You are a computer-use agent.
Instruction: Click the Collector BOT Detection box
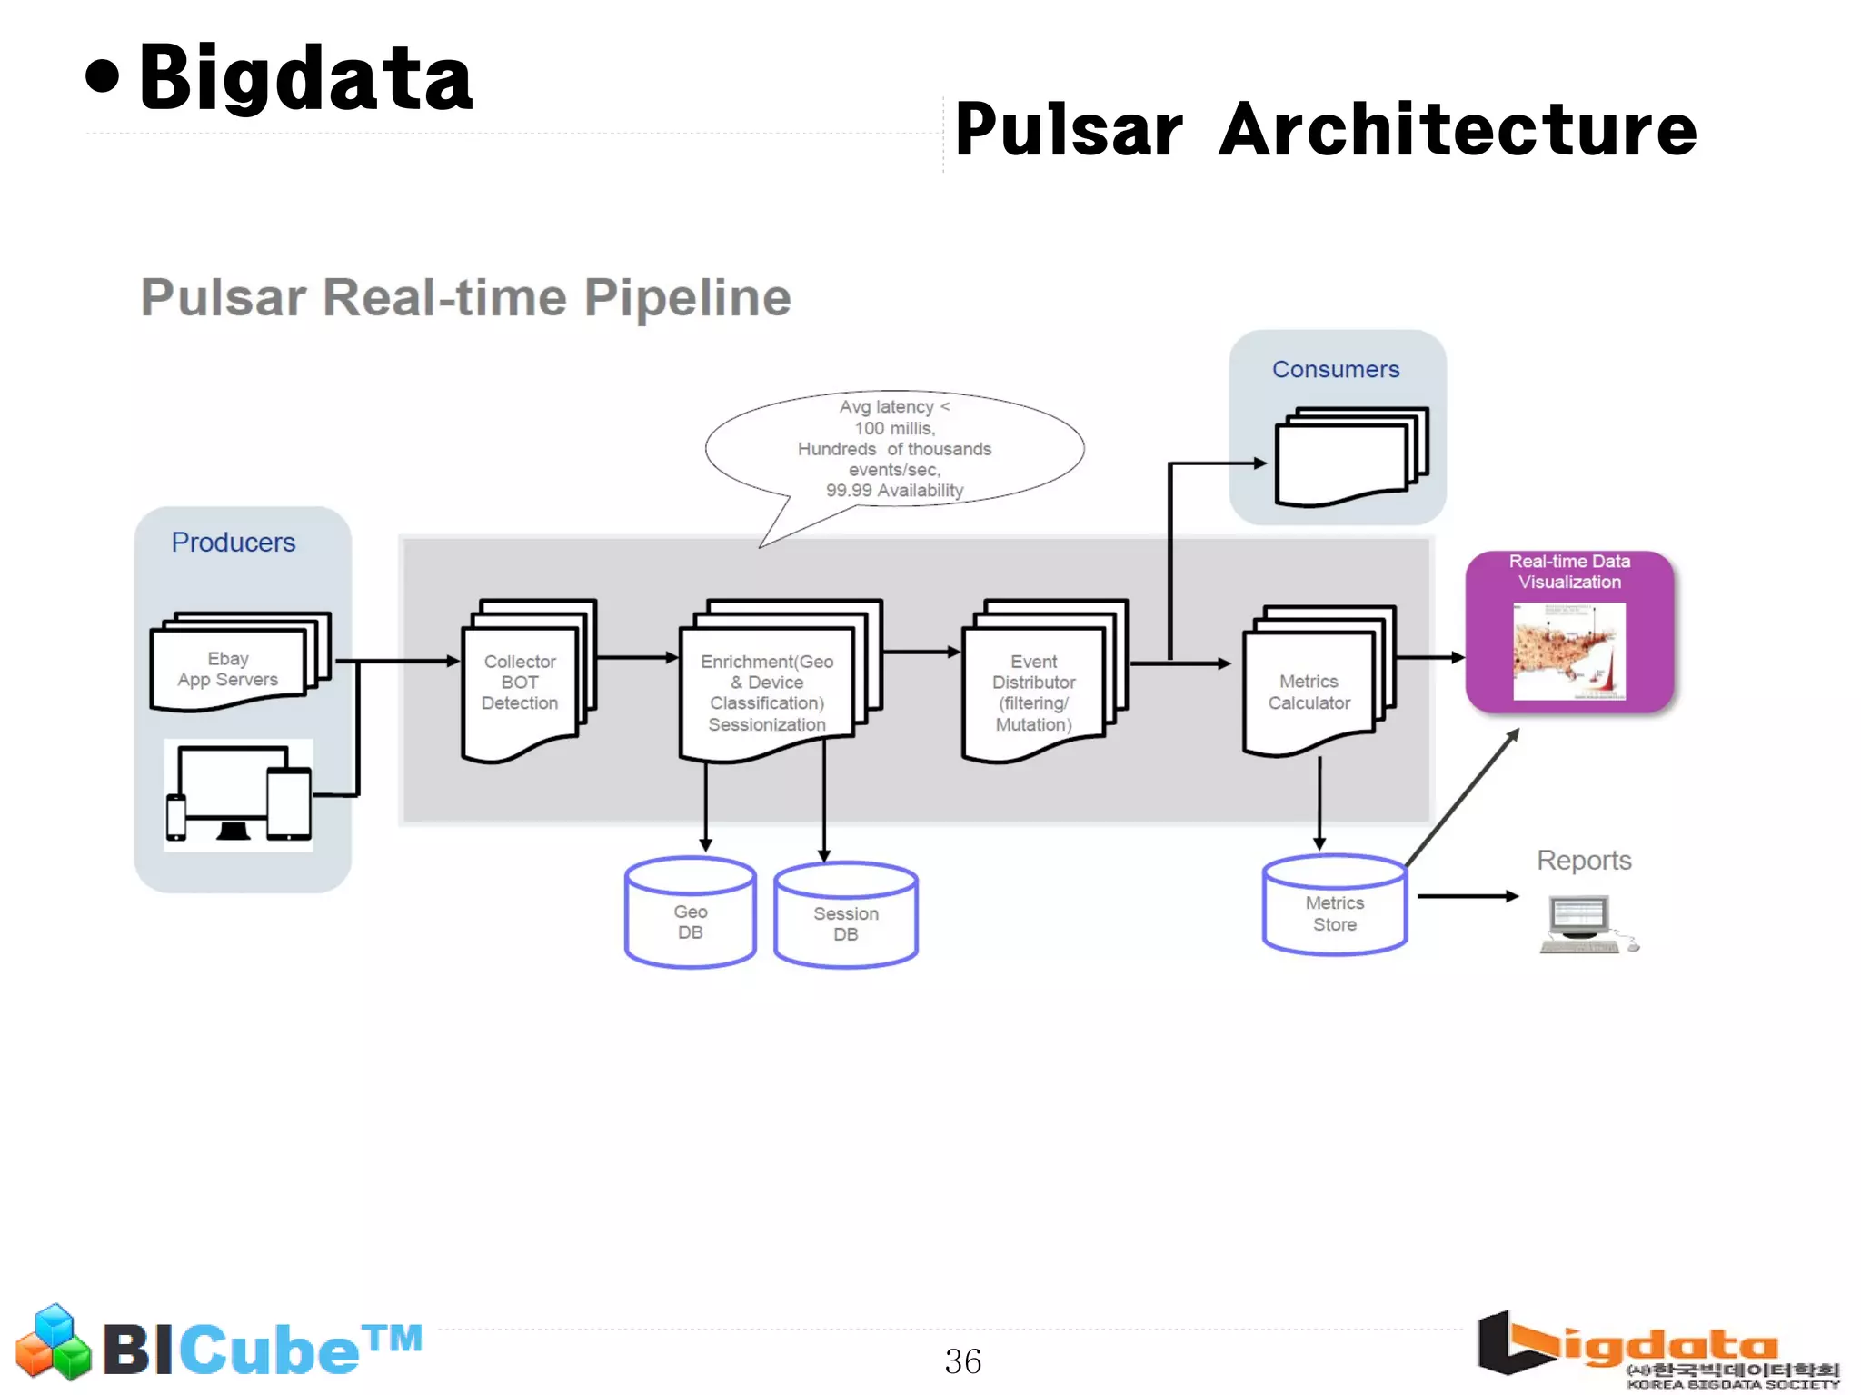point(521,683)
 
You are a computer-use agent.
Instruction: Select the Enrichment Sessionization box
point(768,693)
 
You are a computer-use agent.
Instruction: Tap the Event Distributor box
point(1034,693)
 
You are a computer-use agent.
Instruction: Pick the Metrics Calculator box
point(1309,693)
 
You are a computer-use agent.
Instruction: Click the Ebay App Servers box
point(229,669)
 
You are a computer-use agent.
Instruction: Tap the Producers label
point(234,543)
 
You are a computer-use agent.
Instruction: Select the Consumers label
point(1336,370)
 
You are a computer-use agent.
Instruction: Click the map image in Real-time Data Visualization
point(1569,652)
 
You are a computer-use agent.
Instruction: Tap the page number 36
point(962,1361)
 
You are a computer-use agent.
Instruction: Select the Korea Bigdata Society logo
point(1658,1350)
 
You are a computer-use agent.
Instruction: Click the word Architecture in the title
point(1458,130)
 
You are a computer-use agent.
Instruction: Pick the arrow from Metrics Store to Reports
point(1467,896)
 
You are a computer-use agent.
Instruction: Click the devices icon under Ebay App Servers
point(239,794)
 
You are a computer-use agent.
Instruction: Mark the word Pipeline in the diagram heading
point(688,297)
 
